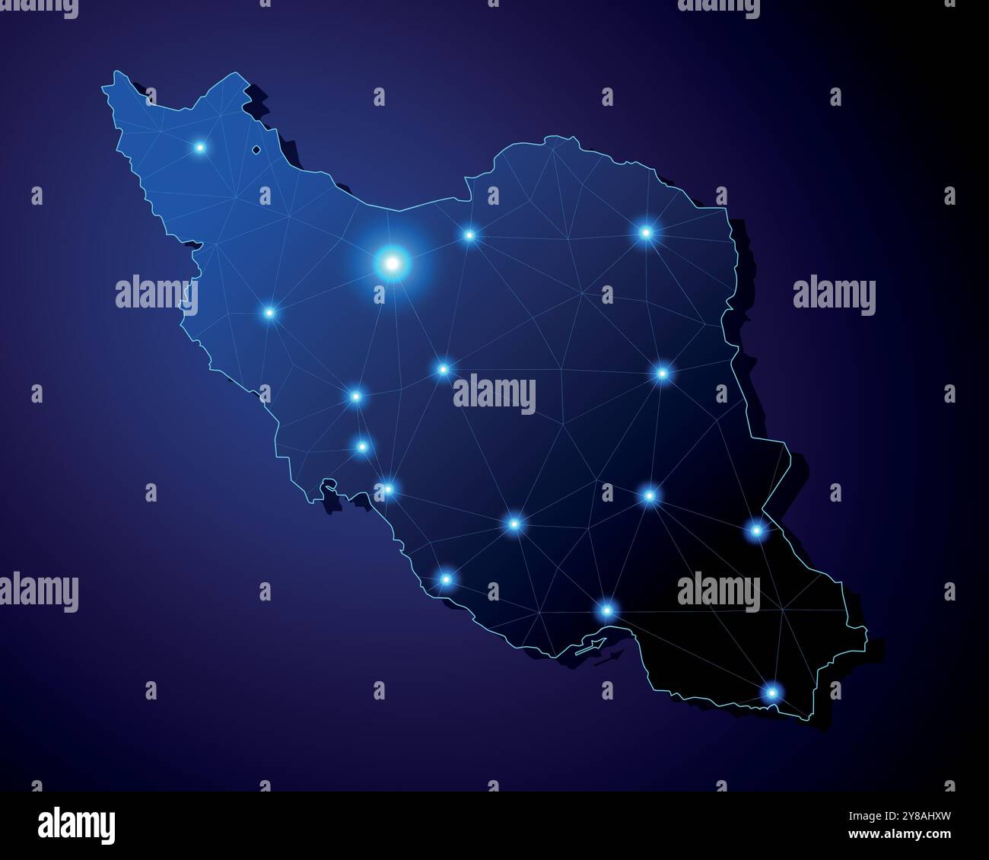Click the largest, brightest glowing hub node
[x=392, y=263]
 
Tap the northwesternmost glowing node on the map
[x=200, y=147]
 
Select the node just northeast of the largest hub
[x=469, y=234]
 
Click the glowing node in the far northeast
[x=646, y=232]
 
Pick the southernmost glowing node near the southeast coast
[x=772, y=693]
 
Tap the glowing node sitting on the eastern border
[x=756, y=530]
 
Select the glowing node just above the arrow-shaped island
[x=606, y=609]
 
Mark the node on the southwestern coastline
[x=447, y=579]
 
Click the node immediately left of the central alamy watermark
[x=443, y=370]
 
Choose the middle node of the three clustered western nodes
[x=363, y=446]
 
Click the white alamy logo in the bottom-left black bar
[x=77, y=825]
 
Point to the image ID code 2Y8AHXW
[x=919, y=817]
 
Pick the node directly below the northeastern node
[x=662, y=373]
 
